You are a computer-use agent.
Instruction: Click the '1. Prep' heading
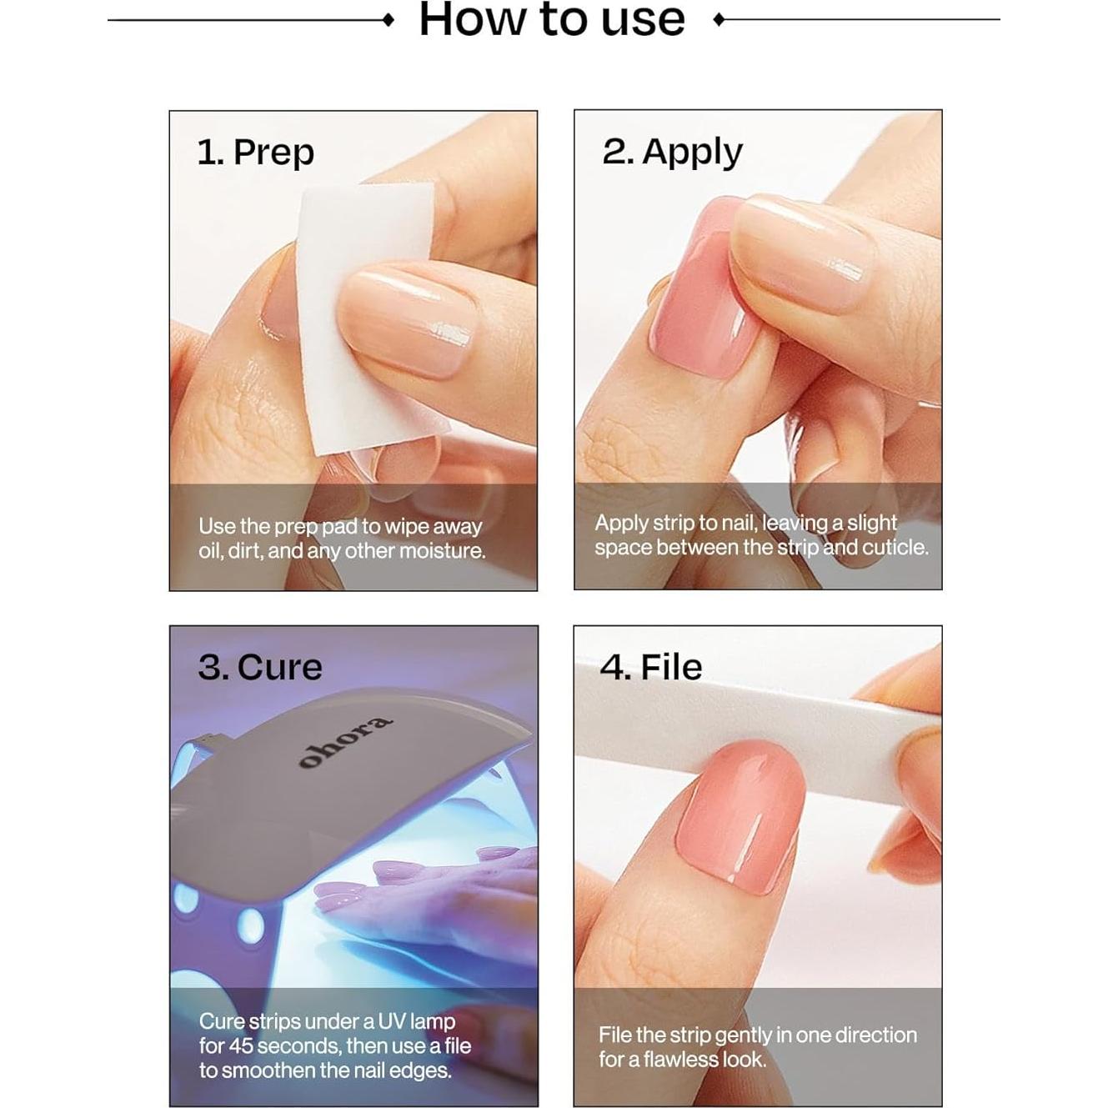[255, 153]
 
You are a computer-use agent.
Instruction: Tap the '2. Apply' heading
[672, 153]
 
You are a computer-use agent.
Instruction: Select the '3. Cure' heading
[259, 667]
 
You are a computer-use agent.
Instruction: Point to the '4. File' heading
[650, 667]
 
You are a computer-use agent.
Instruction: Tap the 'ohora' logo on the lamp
[344, 741]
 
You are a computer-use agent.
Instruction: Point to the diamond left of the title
[388, 19]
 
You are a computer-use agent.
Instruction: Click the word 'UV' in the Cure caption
[391, 1021]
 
